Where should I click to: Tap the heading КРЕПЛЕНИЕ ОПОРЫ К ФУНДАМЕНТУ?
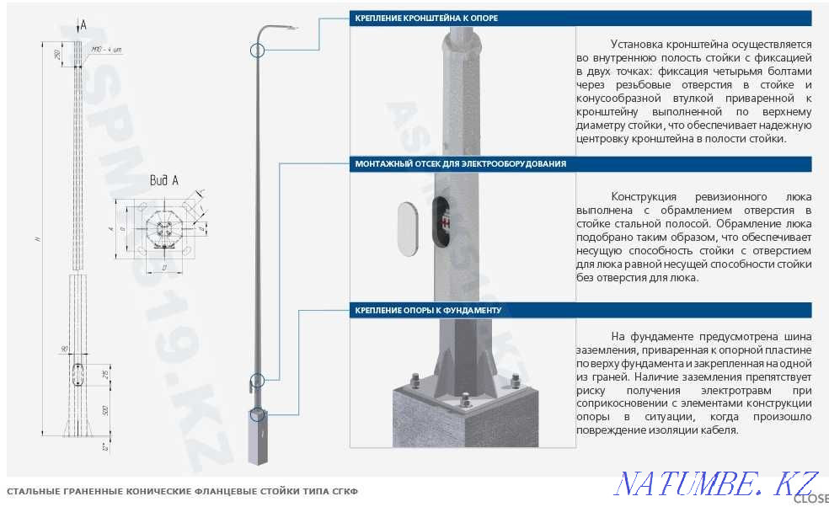point(428,310)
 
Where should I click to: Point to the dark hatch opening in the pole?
point(441,221)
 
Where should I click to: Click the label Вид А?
point(164,180)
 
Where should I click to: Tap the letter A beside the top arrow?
point(83,26)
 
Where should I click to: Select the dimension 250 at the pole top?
point(56,54)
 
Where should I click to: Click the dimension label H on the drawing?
point(38,240)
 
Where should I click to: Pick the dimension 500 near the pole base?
point(104,411)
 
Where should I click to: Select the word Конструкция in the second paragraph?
point(645,196)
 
